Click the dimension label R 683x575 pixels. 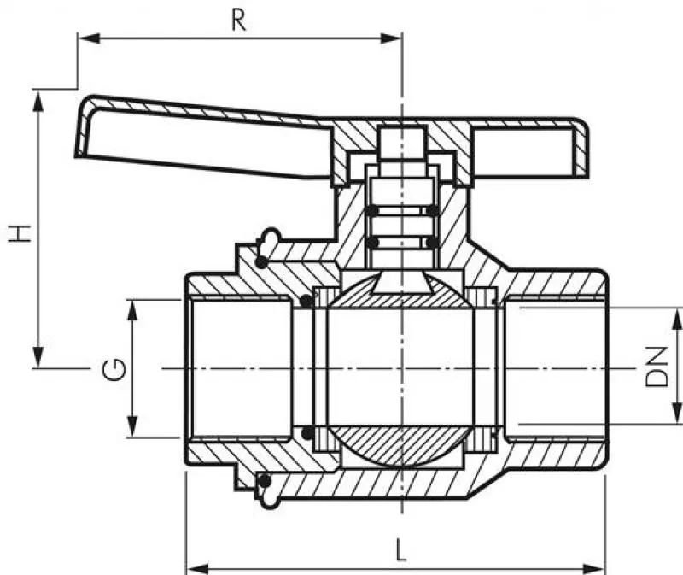pos(239,21)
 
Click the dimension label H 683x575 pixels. pos(20,233)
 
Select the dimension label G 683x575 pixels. pos(114,370)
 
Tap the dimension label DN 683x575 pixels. pos(657,367)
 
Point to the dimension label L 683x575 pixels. pos(400,549)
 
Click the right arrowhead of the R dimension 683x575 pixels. pos(390,38)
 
